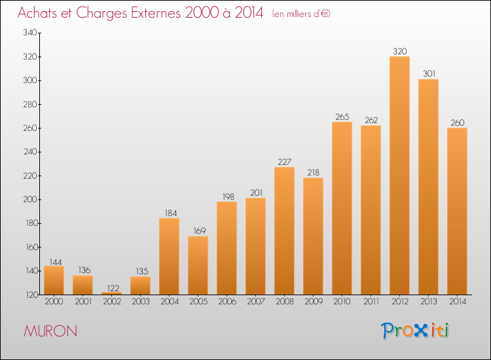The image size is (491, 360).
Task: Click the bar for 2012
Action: click(399, 175)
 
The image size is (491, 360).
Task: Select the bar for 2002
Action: click(111, 293)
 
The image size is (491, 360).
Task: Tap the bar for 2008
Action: click(284, 230)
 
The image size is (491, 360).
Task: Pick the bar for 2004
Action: click(169, 257)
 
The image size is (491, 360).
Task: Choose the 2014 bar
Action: click(457, 211)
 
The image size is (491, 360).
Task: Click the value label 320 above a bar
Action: click(400, 51)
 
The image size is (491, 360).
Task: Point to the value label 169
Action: click(200, 230)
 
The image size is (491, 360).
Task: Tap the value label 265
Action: click(342, 117)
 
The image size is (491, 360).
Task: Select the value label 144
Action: click(56, 262)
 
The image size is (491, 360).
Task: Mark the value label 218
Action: click(313, 173)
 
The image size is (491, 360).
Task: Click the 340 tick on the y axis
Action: click(30, 33)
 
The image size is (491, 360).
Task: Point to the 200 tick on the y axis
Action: click(30, 200)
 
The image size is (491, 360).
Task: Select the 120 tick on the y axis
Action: click(31, 295)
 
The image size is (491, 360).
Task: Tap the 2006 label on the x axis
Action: click(227, 302)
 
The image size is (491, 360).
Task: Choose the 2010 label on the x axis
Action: click(342, 302)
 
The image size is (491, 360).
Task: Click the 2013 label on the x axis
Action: click(428, 302)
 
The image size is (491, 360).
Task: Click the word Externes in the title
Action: click(156, 13)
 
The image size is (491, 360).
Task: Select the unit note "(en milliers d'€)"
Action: click(301, 14)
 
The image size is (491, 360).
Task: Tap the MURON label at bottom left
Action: click(50, 331)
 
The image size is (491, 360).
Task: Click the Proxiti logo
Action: click(415, 331)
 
